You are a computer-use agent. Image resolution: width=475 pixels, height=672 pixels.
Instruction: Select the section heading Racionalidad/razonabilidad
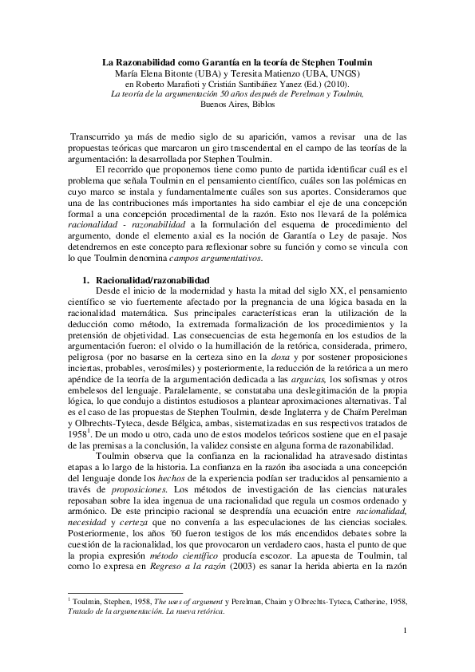click(152, 281)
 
